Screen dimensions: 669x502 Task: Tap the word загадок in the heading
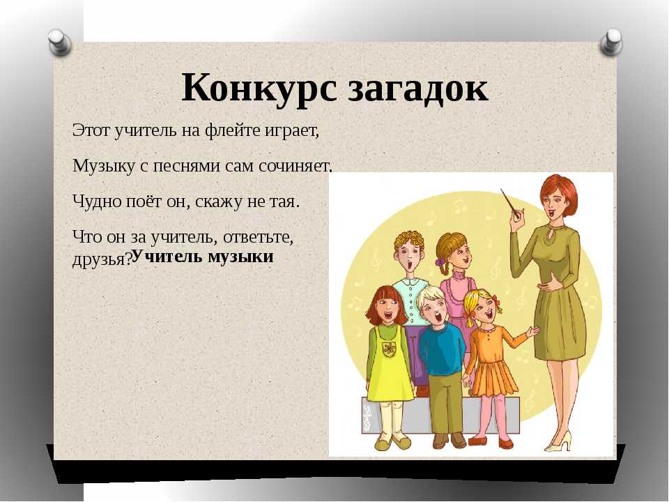coord(418,89)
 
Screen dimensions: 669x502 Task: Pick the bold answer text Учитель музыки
coord(203,256)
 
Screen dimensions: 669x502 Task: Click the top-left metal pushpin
coord(60,42)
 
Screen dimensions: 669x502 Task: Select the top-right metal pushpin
coord(611,42)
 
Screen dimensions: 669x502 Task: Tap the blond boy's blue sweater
coord(441,348)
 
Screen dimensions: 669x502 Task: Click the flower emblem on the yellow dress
coord(389,349)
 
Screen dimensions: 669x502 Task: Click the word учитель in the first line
coord(145,130)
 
